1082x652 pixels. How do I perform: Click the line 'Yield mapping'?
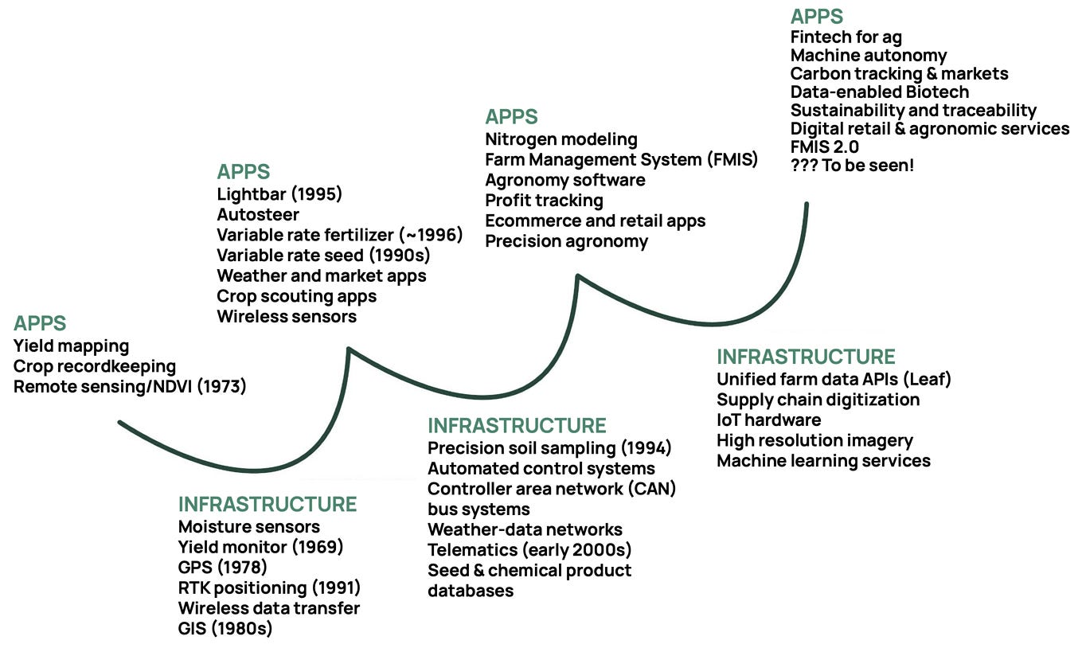[x=71, y=346]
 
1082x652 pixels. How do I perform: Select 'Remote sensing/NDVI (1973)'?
[x=130, y=387]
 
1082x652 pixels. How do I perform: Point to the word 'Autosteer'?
[x=258, y=214]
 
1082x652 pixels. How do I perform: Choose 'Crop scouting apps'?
[x=296, y=296]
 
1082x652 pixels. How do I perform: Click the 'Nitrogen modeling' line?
[x=561, y=139]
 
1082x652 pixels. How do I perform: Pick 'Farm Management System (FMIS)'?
[x=621, y=159]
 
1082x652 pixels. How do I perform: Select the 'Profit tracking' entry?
[x=544, y=200]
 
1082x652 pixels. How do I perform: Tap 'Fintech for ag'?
[x=846, y=37]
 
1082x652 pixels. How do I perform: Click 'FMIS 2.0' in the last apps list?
[x=824, y=147]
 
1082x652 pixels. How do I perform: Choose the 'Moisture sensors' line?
[x=248, y=526]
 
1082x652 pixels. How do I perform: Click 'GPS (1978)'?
[x=222, y=567]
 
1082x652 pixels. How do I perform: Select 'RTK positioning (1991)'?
[x=269, y=588]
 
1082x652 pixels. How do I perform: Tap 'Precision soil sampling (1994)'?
[x=549, y=447]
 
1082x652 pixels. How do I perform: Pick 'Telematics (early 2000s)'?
[x=529, y=549]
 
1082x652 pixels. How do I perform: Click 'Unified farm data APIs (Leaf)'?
[x=834, y=379]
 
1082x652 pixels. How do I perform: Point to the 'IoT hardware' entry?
[x=768, y=420]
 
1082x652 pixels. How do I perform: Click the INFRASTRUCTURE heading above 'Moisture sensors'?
[x=267, y=504]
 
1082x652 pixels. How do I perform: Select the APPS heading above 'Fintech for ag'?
[x=816, y=17]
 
